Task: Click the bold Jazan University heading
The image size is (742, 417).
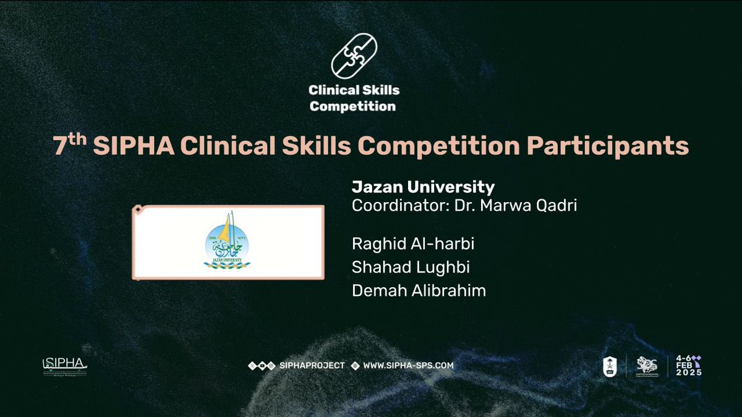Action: coord(423,187)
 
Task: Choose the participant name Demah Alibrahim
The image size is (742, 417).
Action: coord(419,291)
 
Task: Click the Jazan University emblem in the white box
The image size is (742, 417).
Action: coord(229,243)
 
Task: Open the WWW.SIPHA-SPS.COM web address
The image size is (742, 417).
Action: coord(408,365)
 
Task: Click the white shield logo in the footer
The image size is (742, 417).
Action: coord(610,366)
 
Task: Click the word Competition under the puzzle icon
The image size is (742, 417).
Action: coord(352,106)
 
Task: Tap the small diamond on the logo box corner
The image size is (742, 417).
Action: coord(138,210)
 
